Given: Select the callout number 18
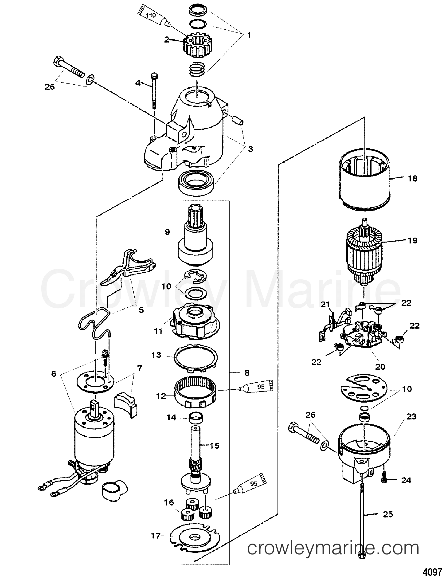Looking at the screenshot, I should click(x=412, y=179).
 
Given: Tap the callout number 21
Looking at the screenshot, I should click(x=325, y=304).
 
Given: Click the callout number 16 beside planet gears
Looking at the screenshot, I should click(x=169, y=503).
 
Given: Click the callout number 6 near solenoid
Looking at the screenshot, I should click(x=54, y=374).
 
